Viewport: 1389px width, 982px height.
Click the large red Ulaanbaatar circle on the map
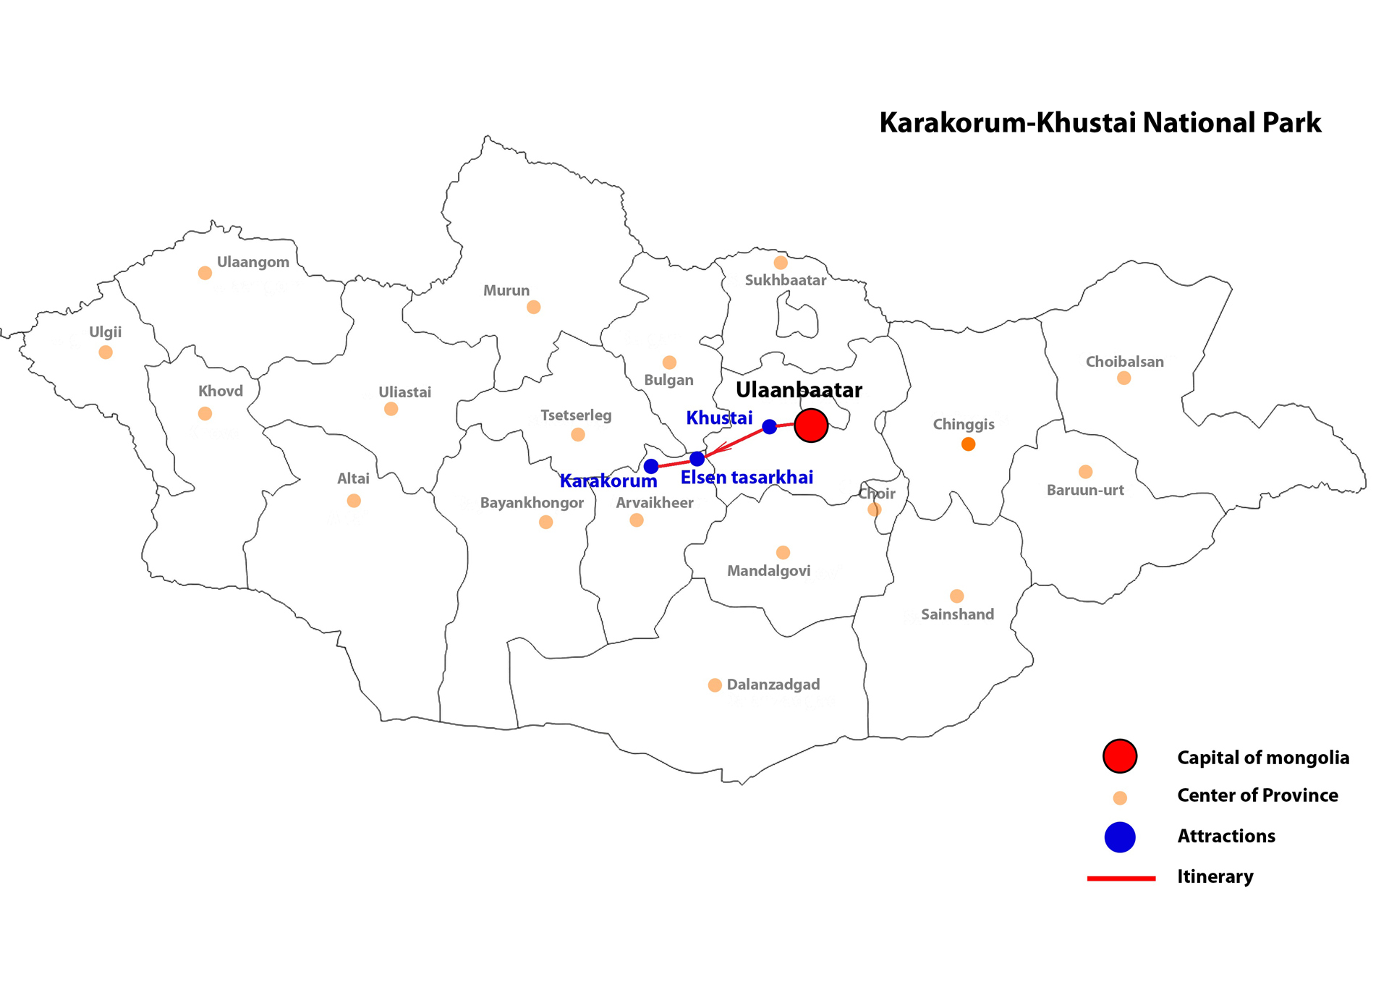click(811, 426)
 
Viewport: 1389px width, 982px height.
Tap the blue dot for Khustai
click(770, 427)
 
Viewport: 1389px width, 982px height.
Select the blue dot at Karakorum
click(651, 466)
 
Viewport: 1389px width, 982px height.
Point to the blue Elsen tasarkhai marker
click(697, 459)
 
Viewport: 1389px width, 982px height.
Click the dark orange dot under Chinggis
click(968, 444)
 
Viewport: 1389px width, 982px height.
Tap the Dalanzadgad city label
click(773, 685)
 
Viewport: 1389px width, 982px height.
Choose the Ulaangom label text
click(253, 262)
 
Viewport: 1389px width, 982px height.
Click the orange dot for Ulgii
click(106, 352)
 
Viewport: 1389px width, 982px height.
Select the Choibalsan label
click(1124, 362)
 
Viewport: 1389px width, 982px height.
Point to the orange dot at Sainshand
click(956, 596)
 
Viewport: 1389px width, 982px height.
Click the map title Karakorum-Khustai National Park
click(1100, 123)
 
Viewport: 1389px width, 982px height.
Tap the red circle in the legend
click(1119, 756)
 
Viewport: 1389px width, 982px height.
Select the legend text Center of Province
click(1257, 795)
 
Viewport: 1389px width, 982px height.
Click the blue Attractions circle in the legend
click(1119, 837)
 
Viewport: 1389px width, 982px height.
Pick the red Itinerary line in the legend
click(1121, 878)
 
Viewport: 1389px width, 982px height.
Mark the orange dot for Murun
click(533, 308)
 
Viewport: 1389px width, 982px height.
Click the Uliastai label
click(404, 392)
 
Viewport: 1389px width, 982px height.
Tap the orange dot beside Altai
click(354, 501)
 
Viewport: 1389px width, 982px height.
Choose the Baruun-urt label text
click(1085, 490)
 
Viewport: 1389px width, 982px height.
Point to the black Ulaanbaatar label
click(799, 390)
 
